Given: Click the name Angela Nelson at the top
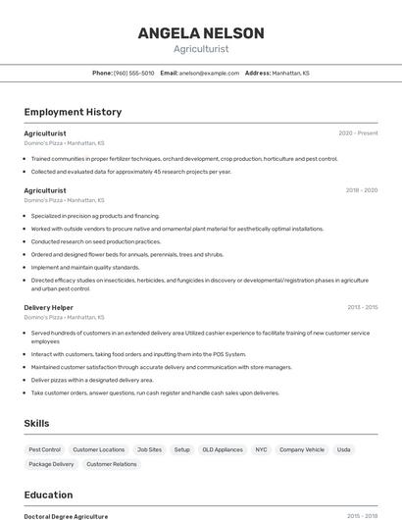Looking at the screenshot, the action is click(201, 33).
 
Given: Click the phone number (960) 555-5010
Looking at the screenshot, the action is click(133, 73).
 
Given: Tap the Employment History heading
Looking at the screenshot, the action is click(73, 112).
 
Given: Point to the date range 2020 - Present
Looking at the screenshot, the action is click(358, 133).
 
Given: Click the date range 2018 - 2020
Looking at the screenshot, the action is click(361, 190).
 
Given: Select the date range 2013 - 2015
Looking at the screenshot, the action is click(362, 307).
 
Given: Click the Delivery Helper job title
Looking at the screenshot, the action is click(49, 307).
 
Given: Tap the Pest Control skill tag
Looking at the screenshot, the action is click(45, 449).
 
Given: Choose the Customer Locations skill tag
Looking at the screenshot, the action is click(99, 449).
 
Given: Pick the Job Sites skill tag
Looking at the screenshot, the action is click(149, 449).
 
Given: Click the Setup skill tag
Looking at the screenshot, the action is click(182, 449).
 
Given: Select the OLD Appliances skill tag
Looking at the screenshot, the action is click(223, 449).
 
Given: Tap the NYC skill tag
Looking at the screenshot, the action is click(261, 449).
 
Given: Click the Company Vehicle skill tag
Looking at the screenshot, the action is click(302, 449).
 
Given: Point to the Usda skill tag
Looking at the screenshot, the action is click(343, 449).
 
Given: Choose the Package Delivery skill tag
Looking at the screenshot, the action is click(51, 464).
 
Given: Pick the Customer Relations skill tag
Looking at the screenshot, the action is click(112, 464).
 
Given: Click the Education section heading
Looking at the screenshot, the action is click(49, 494).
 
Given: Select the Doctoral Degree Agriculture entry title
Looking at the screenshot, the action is click(66, 516).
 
